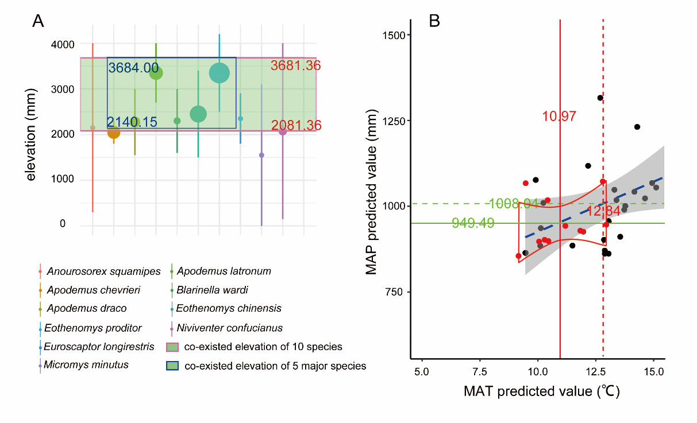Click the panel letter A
(x=38, y=21)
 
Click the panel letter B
(x=435, y=21)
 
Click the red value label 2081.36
(x=296, y=126)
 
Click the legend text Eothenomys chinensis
(x=229, y=308)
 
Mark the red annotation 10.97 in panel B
(x=559, y=116)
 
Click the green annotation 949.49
(x=473, y=223)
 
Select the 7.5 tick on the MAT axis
(x=480, y=370)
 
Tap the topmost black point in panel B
(x=600, y=98)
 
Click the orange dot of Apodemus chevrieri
(x=114, y=133)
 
